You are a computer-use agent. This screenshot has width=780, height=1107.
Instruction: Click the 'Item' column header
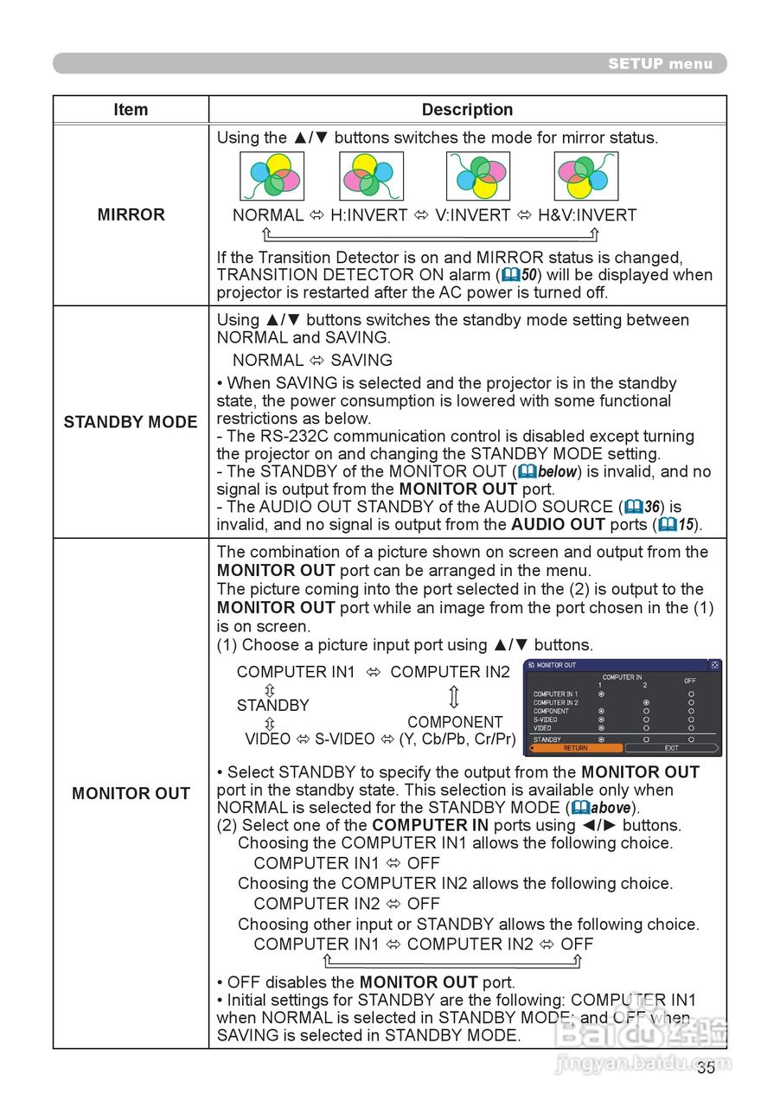click(131, 110)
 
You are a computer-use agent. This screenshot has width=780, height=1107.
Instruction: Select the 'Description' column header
click(467, 110)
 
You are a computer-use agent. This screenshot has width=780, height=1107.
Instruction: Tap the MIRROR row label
click(131, 215)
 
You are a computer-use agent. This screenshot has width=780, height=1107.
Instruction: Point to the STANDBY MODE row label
click(131, 422)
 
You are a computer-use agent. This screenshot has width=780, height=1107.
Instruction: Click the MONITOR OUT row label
click(131, 793)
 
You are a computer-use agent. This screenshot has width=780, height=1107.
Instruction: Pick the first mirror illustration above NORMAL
click(272, 176)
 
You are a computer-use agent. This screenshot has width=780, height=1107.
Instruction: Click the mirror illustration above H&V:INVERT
click(585, 176)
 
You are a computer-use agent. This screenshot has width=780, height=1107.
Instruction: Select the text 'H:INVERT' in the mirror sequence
click(368, 215)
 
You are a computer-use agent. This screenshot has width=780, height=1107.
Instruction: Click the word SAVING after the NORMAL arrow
click(361, 360)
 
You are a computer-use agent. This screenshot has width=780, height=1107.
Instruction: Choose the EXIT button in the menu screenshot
click(671, 748)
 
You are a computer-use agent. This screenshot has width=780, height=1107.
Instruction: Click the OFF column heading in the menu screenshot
click(689, 681)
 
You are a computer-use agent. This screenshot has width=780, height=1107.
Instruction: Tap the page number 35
click(706, 1067)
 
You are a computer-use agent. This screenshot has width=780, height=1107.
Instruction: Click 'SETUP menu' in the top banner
click(660, 63)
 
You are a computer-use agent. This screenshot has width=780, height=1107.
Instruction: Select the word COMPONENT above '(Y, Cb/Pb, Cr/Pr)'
click(455, 722)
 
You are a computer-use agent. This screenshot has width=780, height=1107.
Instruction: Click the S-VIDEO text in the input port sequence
click(344, 739)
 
